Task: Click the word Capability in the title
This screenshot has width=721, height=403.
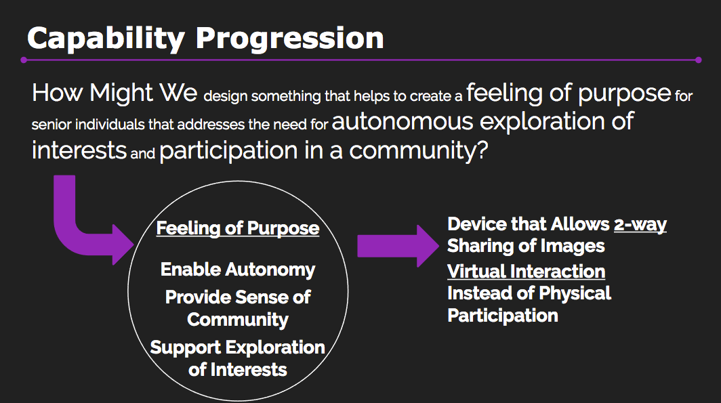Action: pyautogui.click(x=106, y=39)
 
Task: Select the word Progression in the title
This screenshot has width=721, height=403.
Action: pyautogui.click(x=290, y=39)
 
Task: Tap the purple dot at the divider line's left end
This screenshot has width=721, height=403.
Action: pyautogui.click(x=24, y=60)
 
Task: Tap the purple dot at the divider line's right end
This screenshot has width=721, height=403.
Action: pyautogui.click(x=699, y=60)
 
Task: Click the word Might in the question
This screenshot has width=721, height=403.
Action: pyautogui.click(x=121, y=93)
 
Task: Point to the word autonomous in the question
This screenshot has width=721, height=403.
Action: pyautogui.click(x=403, y=122)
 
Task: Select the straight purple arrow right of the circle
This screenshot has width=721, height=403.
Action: pyautogui.click(x=398, y=246)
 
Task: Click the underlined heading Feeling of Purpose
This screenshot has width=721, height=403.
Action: pyautogui.click(x=238, y=228)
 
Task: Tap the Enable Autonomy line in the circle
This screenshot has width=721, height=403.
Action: pyautogui.click(x=238, y=270)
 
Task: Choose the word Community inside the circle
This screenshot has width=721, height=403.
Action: pyautogui.click(x=238, y=320)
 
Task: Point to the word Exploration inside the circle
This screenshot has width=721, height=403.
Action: pyautogui.click(x=275, y=347)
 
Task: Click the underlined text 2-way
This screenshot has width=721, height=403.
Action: pyautogui.click(x=640, y=224)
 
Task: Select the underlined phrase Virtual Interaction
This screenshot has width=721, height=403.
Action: pyautogui.click(x=526, y=272)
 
